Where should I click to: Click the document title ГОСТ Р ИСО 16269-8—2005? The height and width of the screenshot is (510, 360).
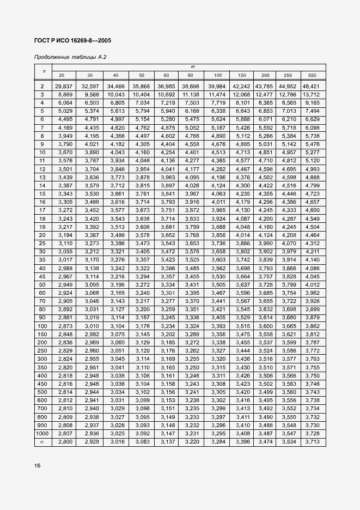click(72, 41)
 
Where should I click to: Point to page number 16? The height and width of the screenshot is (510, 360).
click(37, 466)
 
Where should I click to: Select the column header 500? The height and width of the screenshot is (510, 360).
click(312, 74)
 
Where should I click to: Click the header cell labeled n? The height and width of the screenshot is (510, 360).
click(42, 71)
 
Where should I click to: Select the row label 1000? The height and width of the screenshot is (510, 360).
click(42, 433)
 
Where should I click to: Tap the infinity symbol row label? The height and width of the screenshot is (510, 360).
click(42, 441)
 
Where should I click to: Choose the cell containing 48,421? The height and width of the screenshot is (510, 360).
click(312, 86)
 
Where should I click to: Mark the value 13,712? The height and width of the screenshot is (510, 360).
click(312, 94)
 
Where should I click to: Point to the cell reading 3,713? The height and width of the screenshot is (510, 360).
click(312, 441)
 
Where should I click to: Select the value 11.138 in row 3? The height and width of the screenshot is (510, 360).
click(191, 94)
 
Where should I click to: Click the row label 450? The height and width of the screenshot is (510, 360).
click(42, 384)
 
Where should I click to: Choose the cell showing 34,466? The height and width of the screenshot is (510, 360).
click(116, 86)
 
